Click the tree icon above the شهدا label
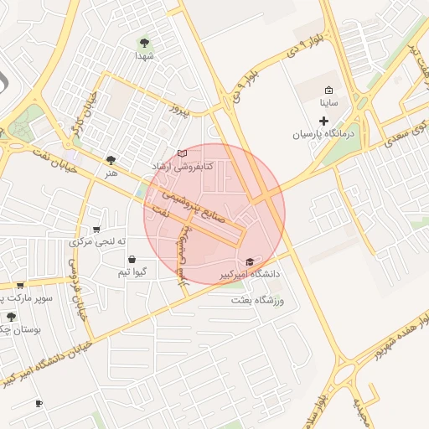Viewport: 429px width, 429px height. pyautogui.click(x=145, y=41)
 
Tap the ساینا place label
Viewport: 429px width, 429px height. pyautogui.click(x=329, y=105)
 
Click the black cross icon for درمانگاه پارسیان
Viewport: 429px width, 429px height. pyautogui.click(x=325, y=121)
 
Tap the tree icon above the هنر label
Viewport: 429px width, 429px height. pyautogui.click(x=111, y=158)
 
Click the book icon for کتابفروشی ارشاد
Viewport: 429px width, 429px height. pyautogui.click(x=183, y=154)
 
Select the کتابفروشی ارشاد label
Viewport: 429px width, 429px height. pyautogui.click(x=183, y=167)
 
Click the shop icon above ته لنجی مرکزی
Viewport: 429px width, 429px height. pyautogui.click(x=97, y=229)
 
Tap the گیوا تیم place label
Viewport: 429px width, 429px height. pyautogui.click(x=133, y=273)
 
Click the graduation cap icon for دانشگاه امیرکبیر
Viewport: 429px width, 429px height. pyautogui.click(x=249, y=261)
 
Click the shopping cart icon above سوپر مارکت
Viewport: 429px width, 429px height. pyautogui.click(x=20, y=285)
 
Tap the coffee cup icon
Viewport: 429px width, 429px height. pyautogui.click(x=39, y=404)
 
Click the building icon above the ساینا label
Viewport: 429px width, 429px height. pyautogui.click(x=329, y=90)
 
